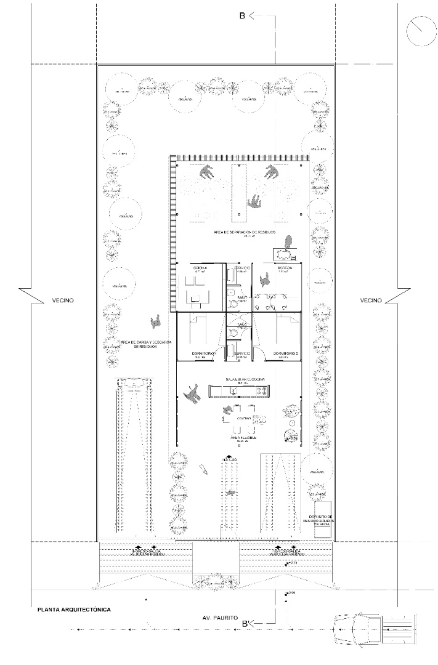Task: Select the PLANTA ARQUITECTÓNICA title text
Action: point(74,610)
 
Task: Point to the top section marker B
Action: point(243,16)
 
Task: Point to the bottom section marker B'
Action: point(245,624)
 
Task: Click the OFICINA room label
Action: point(200,268)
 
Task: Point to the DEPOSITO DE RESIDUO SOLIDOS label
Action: point(318,520)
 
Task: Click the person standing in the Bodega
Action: point(266,281)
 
